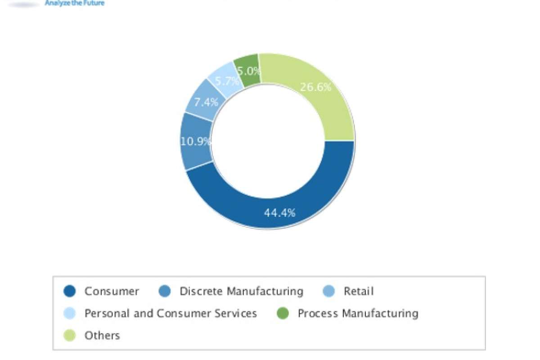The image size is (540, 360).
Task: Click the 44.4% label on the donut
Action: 279,213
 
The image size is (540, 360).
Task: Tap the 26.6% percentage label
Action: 315,87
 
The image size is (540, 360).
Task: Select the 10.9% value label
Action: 196,142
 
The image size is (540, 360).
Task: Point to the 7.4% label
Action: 206,102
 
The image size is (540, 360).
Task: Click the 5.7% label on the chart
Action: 226,81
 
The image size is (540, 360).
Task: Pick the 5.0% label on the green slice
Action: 248,71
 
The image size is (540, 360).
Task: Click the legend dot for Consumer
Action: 70,292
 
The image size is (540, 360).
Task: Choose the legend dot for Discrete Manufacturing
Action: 165,292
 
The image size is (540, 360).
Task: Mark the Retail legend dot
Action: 329,292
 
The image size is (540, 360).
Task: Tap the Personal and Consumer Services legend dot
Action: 70,314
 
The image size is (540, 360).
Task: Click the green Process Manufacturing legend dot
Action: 283,314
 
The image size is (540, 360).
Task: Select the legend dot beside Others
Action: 70,336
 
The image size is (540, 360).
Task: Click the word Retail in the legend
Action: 359,292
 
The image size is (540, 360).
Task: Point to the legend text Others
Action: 102,336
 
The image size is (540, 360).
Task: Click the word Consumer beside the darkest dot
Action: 112,292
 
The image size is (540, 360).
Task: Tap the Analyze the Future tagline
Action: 75,3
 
